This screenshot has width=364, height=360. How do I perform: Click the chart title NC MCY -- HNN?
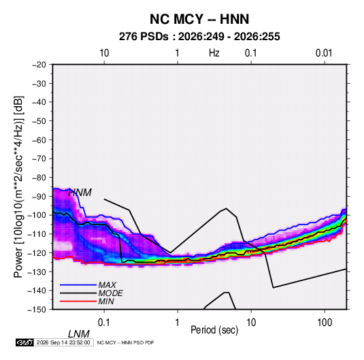point(199,19)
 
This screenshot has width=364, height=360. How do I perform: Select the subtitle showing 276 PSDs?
point(199,37)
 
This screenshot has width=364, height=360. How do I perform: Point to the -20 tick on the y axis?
point(39,65)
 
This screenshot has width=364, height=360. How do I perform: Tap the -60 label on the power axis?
point(39,140)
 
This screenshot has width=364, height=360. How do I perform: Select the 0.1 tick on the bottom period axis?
point(104,323)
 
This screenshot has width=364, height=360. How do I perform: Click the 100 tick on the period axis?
point(325,323)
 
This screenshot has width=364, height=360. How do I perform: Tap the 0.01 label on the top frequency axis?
point(324,53)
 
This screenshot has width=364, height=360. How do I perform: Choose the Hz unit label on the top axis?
point(214,53)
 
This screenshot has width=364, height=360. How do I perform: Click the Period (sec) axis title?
point(214,330)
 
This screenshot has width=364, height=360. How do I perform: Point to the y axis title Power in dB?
point(18,187)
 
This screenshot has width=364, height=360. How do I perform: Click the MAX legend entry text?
point(107,285)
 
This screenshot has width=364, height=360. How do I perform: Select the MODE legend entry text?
point(110,293)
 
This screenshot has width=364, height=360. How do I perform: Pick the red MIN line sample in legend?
point(78,301)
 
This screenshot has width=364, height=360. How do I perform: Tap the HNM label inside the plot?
point(80,193)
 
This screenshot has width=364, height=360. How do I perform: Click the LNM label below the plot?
point(79,334)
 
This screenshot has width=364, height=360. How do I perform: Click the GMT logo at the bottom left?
point(25,342)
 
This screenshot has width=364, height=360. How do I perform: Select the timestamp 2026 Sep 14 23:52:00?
point(63,342)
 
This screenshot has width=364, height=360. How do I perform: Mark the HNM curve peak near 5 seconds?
point(227,208)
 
